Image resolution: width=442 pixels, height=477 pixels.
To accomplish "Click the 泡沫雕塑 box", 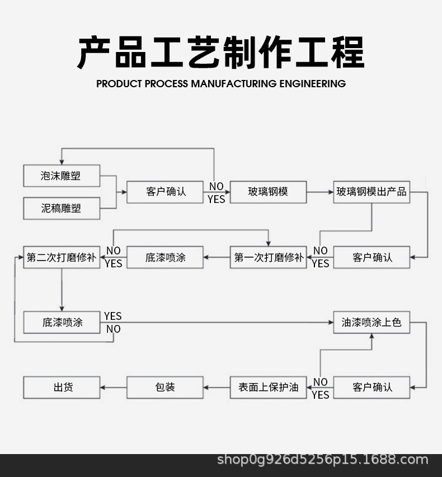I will (x=62, y=176).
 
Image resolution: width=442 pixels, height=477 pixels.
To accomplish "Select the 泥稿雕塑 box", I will (x=62, y=208).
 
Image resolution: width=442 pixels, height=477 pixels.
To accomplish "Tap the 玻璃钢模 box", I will (x=268, y=192).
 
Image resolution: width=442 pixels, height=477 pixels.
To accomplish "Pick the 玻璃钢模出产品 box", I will (x=372, y=192).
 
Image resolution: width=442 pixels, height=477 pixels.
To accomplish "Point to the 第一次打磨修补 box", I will (x=268, y=257).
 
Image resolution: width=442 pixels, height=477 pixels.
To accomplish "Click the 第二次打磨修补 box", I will (x=62, y=257).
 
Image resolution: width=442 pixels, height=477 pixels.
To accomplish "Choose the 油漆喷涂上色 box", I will (x=372, y=322).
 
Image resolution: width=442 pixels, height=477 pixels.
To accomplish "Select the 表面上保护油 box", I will (x=268, y=387).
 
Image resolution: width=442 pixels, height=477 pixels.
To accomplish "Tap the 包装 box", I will (x=165, y=387).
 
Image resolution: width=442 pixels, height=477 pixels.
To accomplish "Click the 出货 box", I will (x=62, y=387).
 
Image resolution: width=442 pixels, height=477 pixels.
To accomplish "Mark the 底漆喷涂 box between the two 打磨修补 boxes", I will (x=165, y=257).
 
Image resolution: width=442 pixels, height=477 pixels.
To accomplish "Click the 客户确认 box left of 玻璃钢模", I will (x=165, y=192).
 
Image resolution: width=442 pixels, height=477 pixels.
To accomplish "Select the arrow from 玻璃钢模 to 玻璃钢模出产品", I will (x=320, y=192).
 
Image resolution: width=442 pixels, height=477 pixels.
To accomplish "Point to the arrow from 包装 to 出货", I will (x=114, y=387).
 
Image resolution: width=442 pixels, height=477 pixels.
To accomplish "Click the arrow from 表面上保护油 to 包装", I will (x=217, y=387).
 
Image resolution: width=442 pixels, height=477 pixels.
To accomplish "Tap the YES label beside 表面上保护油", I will (x=320, y=395).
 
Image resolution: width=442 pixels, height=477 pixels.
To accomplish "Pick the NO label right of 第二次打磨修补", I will (x=114, y=251).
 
